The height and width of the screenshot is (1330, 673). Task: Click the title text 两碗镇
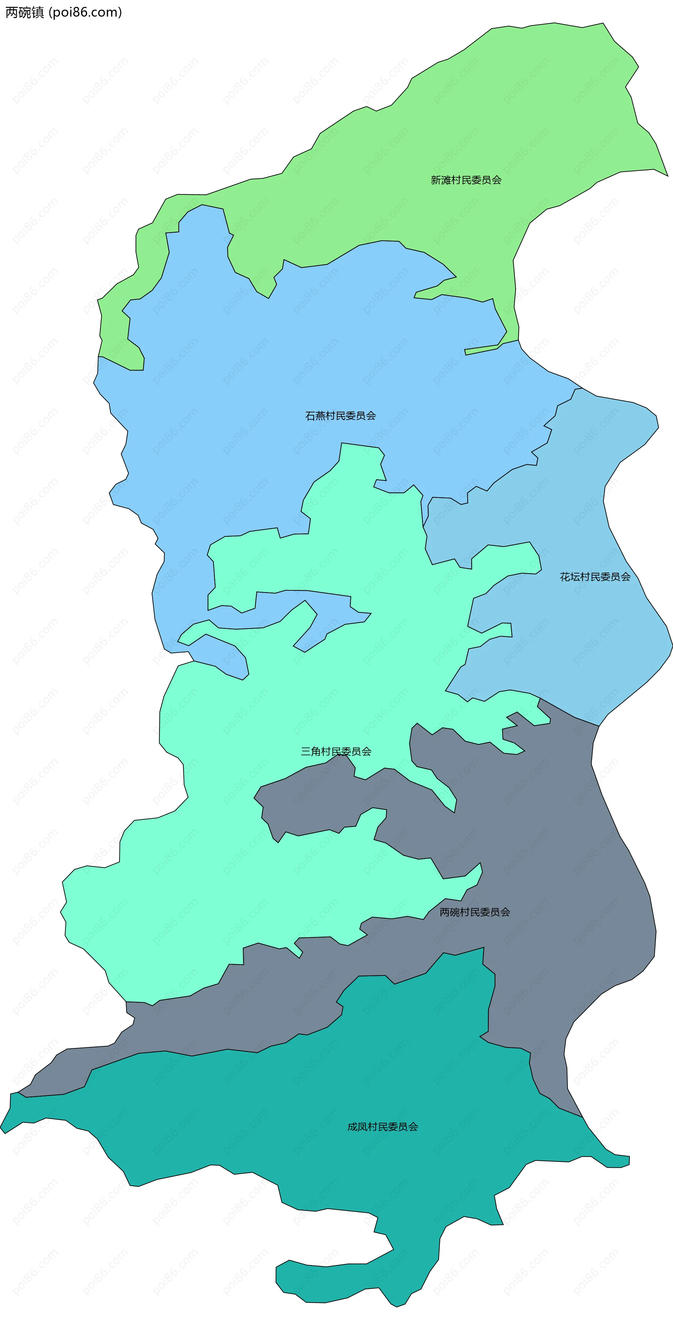tap(25, 12)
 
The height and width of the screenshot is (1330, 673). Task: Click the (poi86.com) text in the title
tap(85, 12)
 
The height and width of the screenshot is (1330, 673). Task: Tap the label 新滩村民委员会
tap(466, 180)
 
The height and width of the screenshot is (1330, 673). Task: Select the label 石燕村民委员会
tap(340, 416)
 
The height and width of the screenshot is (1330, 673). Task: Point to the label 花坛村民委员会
tap(595, 577)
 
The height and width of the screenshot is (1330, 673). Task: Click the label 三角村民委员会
tap(336, 751)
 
